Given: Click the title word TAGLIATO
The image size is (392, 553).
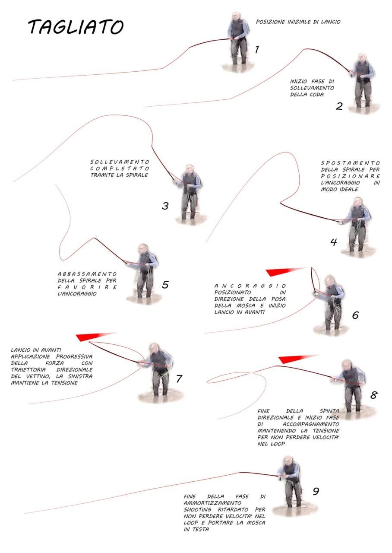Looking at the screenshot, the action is tap(76, 27).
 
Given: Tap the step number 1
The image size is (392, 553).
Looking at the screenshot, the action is tap(257, 49).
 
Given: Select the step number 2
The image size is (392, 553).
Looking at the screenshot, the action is tap(339, 106).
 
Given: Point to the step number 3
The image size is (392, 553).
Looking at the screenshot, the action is tap(165, 206).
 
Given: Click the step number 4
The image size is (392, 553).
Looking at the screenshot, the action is tap(334, 242).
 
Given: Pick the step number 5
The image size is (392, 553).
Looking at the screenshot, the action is tap(165, 285).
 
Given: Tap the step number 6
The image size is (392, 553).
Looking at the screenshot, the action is tap(355, 315).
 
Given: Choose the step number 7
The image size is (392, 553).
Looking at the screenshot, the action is tap(179, 379).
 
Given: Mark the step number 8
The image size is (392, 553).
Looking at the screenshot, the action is tap(374, 395).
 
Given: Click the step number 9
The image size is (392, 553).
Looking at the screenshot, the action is tap(316, 491).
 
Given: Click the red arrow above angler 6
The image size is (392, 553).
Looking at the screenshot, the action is tap(284, 271).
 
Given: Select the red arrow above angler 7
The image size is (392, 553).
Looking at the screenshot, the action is tap(95, 336).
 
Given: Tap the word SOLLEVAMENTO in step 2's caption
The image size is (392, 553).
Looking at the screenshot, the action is tap(312, 88).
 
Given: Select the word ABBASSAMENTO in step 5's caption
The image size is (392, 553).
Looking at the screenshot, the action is tap(87, 274).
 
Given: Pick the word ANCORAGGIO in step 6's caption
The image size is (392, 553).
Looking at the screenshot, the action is tap(250, 286).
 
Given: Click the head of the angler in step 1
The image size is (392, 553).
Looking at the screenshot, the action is tap(236, 16).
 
